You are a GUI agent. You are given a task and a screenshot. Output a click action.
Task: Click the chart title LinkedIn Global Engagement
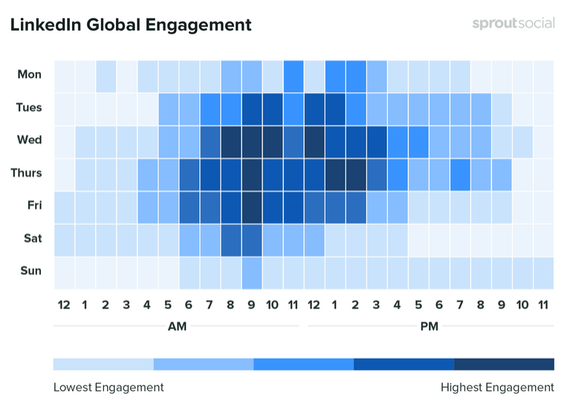click(x=131, y=25)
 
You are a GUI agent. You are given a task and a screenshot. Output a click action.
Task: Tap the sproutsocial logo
click(x=513, y=23)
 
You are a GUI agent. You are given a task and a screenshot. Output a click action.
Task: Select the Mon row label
click(x=30, y=74)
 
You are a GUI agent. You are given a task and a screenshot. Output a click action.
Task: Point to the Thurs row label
click(x=27, y=173)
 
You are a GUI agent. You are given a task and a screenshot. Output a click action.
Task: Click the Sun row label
click(x=30, y=271)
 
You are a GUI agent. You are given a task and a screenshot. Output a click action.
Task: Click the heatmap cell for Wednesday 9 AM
click(x=251, y=140)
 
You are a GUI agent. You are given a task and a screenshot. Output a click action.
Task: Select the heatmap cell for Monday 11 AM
click(x=293, y=75)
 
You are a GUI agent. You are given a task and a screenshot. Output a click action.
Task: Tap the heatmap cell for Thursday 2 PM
click(x=355, y=173)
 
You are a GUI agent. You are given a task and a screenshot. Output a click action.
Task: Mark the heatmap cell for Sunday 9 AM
click(x=251, y=271)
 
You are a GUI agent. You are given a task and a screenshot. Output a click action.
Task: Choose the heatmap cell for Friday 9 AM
click(x=251, y=206)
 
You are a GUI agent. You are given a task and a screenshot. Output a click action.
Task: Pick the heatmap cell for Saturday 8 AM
click(x=230, y=238)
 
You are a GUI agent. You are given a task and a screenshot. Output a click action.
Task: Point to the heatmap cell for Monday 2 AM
click(x=106, y=75)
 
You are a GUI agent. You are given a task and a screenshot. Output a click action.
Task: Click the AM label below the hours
click(x=177, y=325)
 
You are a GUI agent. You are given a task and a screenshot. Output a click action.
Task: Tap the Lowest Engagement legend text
click(x=109, y=387)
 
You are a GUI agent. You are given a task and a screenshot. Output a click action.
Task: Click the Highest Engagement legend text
click(x=497, y=387)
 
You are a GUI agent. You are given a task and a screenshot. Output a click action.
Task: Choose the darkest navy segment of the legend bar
click(x=504, y=364)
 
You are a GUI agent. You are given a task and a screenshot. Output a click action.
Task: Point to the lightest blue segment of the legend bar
click(x=103, y=364)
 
